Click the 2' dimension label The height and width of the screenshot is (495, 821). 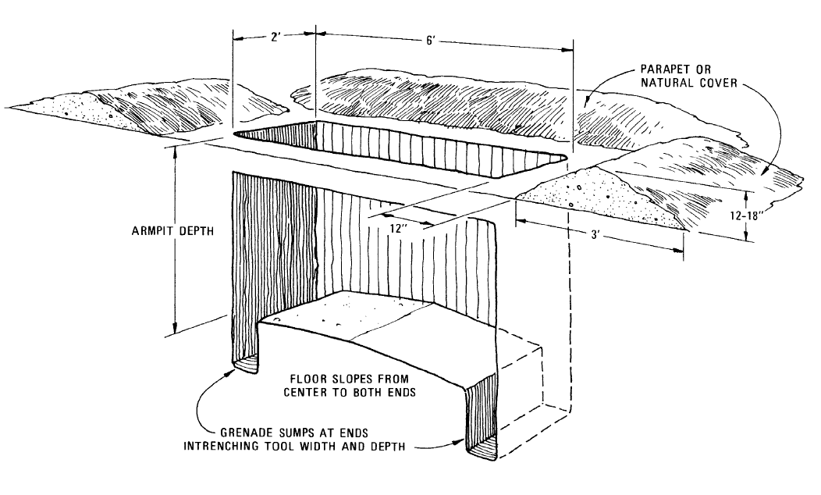273,36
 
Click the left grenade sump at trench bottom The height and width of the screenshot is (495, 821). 246,363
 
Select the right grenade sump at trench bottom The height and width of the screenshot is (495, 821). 480,450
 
